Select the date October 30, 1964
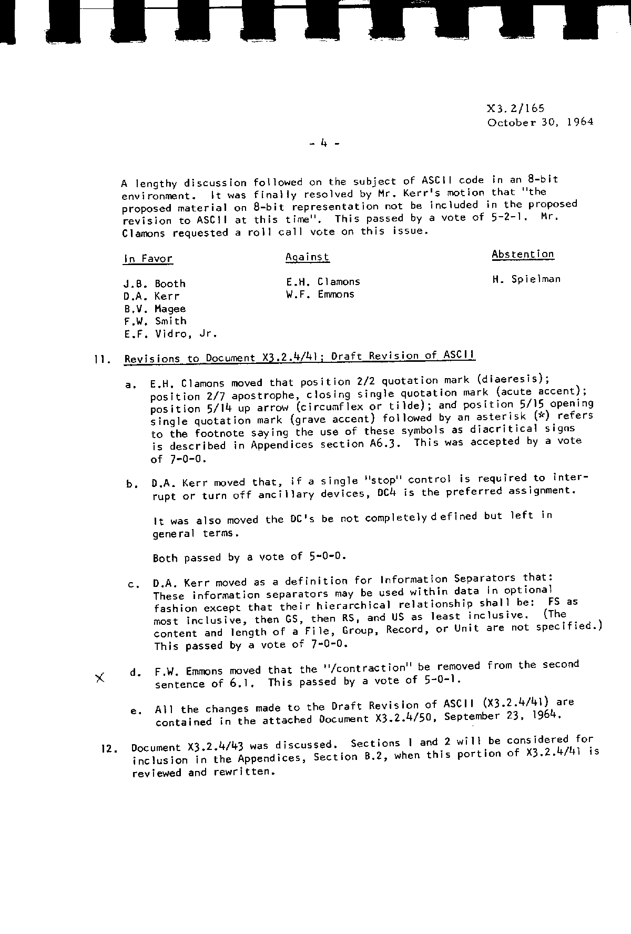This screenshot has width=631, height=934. tap(540, 122)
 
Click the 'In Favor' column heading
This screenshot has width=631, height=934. tap(148, 259)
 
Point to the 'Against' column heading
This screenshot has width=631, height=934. tap(308, 257)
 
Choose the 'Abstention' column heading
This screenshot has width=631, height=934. tap(523, 255)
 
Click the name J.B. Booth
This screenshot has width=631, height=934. tap(154, 284)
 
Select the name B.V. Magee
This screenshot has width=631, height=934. tap(154, 309)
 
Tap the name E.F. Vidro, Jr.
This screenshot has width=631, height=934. tap(170, 333)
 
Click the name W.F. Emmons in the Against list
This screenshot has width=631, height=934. tap(320, 295)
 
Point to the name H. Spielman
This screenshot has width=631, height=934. tap(526, 279)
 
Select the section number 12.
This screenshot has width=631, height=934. tap(108, 748)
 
